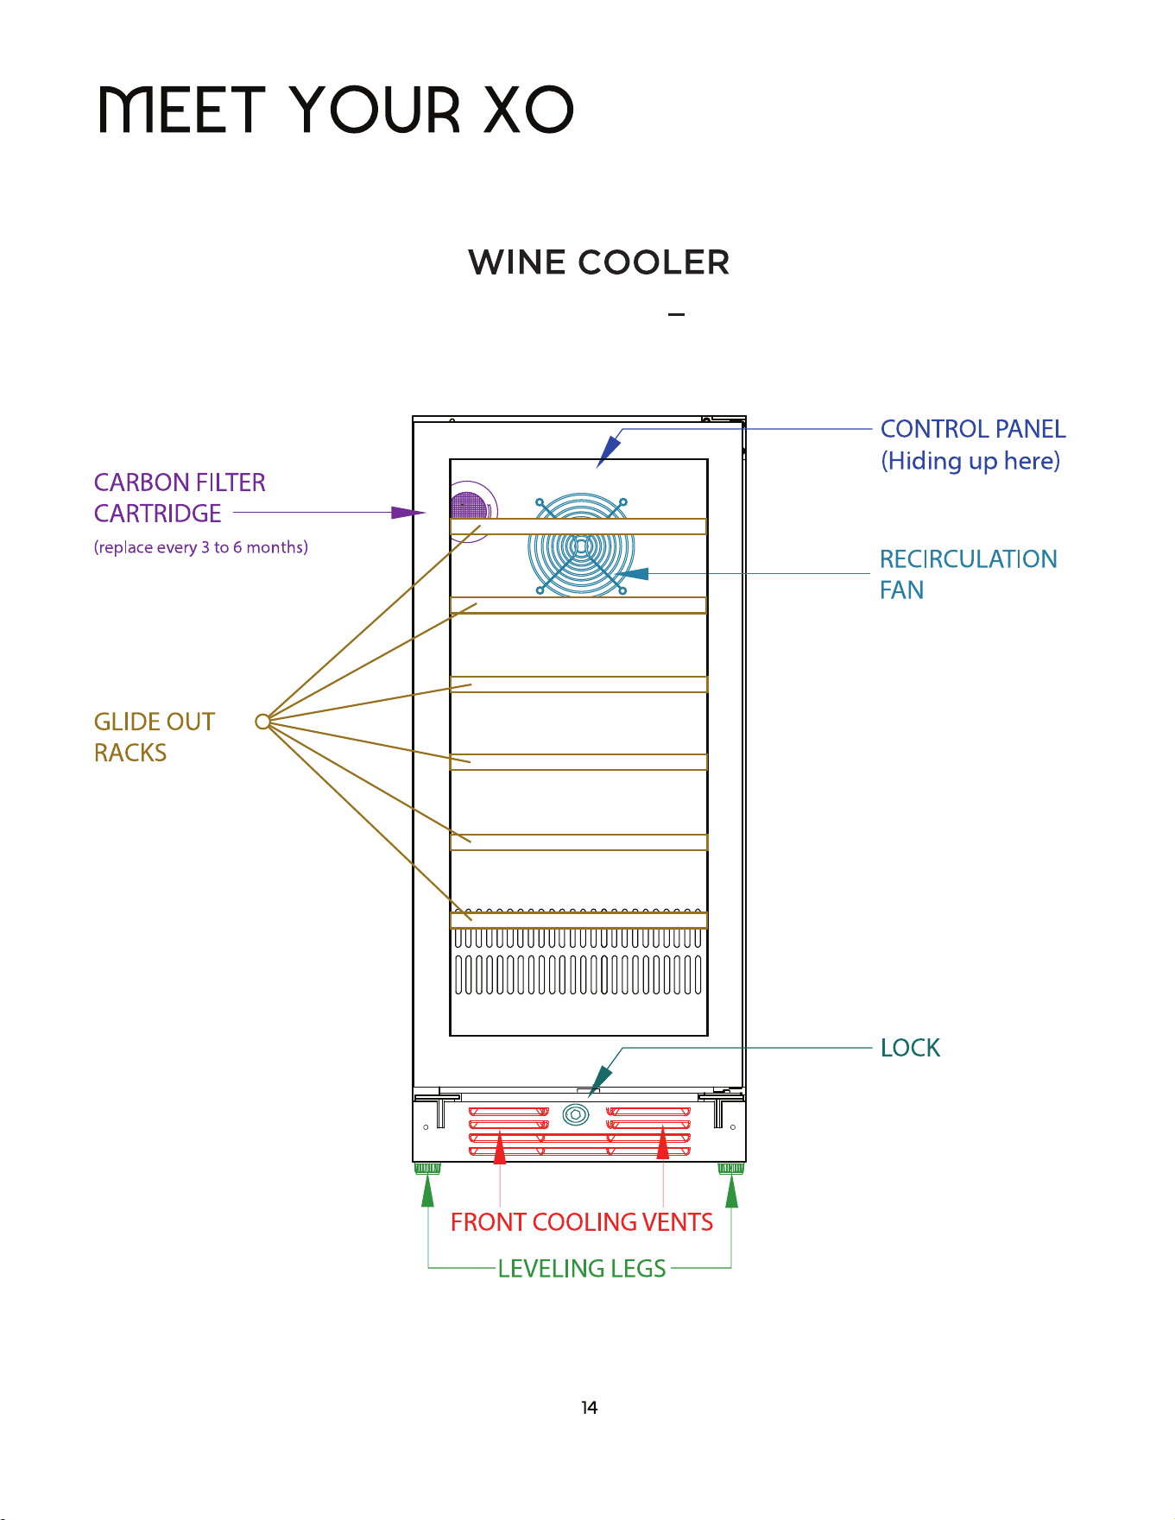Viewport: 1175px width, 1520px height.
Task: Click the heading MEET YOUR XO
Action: pyautogui.click(x=336, y=110)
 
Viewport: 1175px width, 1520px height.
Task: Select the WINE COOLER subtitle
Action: pyautogui.click(x=599, y=262)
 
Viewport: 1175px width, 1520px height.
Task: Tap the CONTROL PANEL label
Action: pyautogui.click(x=973, y=429)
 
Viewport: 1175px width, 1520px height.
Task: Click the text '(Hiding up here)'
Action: pyautogui.click(x=970, y=461)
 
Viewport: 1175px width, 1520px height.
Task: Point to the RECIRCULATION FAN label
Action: pyautogui.click(x=969, y=574)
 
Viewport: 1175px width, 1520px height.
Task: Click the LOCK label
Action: pyautogui.click(x=910, y=1048)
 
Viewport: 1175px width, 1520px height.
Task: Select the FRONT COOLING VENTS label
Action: pyautogui.click(x=582, y=1222)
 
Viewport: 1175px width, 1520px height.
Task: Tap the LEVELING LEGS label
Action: pyautogui.click(x=582, y=1269)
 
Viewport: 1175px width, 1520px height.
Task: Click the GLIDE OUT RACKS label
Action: pyautogui.click(x=155, y=737)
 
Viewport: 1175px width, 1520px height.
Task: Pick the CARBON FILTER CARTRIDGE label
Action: pyautogui.click(x=180, y=498)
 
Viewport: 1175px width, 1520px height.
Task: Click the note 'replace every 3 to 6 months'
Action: pyautogui.click(x=201, y=547)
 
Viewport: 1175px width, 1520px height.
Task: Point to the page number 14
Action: pyautogui.click(x=589, y=1408)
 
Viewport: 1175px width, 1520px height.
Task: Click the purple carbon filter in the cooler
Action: pyautogui.click(x=470, y=508)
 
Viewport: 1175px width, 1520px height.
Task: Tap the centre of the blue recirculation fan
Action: pyautogui.click(x=581, y=546)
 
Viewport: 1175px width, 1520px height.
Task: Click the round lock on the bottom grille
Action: pyautogui.click(x=576, y=1115)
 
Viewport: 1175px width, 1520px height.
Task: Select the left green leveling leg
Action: pyautogui.click(x=427, y=1169)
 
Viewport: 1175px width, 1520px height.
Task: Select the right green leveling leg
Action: pyautogui.click(x=731, y=1169)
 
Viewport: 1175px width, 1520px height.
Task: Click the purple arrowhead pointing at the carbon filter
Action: pyautogui.click(x=408, y=513)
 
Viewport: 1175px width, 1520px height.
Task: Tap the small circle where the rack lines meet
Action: pyautogui.click(x=262, y=722)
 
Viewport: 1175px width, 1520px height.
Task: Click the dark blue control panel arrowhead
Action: pyautogui.click(x=609, y=451)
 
